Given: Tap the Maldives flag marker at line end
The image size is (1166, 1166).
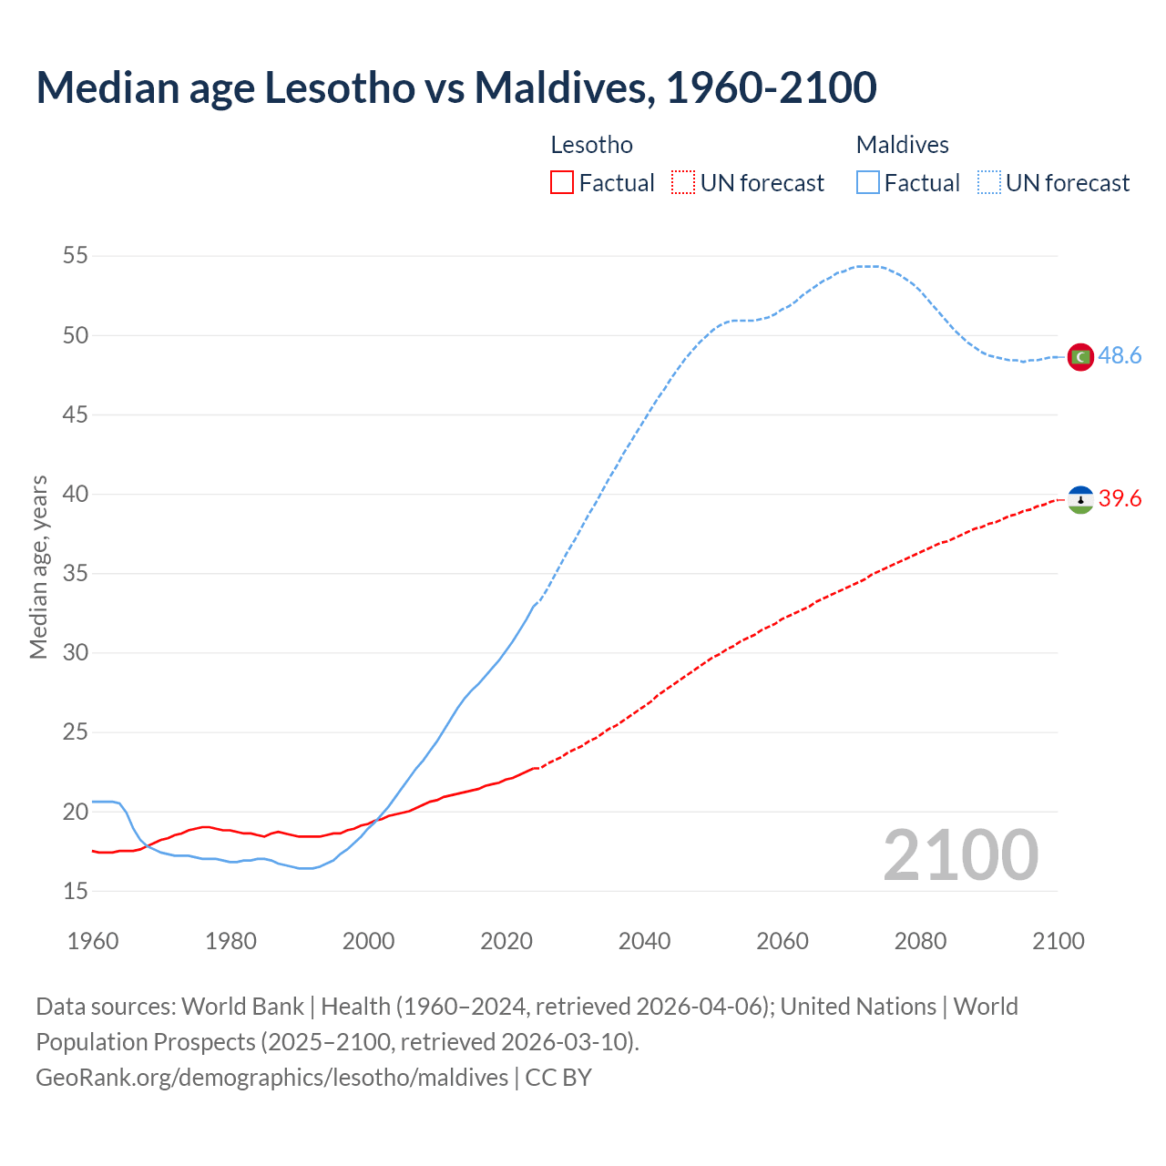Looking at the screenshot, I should [1080, 356].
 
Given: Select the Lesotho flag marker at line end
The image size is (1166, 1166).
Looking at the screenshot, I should [1080, 499].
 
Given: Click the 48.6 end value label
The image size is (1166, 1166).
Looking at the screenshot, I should [1120, 356].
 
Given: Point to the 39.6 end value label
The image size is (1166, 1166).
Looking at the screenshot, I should [1120, 499].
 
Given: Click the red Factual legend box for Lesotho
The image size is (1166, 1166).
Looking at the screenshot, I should [562, 183].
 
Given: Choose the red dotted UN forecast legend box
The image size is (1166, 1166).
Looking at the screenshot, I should [683, 183].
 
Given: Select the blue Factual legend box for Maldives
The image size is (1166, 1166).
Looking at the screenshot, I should [868, 183].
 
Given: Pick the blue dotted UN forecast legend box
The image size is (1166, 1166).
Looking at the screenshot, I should [989, 183].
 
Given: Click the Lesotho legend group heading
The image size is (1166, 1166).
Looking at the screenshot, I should [591, 145].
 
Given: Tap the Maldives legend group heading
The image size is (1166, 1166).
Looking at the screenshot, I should [902, 145].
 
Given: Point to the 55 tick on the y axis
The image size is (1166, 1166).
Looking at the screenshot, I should [76, 256].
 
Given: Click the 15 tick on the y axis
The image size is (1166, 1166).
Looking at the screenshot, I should [76, 891].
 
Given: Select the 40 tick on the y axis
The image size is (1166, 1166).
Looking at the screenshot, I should [76, 495].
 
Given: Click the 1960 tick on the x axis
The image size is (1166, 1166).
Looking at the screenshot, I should [93, 941].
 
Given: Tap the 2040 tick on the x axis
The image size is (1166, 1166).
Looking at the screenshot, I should [644, 941].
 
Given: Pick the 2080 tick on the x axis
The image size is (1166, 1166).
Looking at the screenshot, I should [920, 941].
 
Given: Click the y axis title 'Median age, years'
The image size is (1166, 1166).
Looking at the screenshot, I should [38, 567].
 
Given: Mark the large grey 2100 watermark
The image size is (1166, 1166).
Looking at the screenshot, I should [960, 855].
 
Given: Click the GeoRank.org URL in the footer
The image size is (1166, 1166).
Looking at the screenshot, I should [271, 1078].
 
